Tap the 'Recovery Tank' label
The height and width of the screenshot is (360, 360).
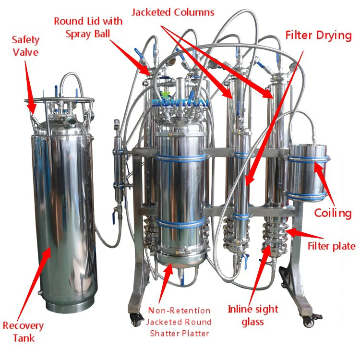coord(23,332)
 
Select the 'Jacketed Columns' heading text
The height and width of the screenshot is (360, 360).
coord(173,11)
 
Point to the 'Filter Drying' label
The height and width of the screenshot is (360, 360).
coord(318,36)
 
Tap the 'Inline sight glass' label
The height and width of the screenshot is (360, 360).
coord(252,315)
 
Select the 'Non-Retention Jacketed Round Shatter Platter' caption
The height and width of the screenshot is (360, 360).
coord(179,322)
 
